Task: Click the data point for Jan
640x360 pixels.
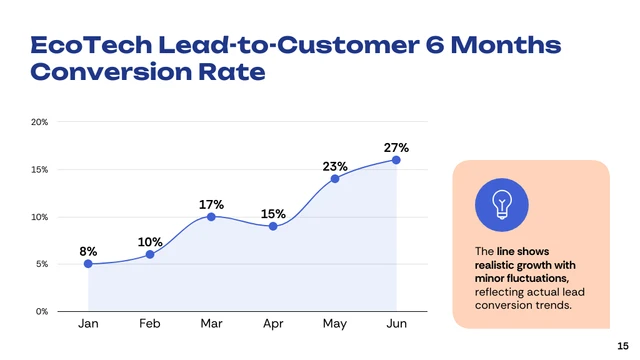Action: click(88, 264)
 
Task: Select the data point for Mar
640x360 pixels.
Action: click(211, 216)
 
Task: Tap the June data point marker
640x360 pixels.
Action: click(396, 160)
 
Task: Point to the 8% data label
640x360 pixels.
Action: click(88, 251)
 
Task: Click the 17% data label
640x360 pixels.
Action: click(211, 204)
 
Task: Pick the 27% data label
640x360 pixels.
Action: click(396, 147)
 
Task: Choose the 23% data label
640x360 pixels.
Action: click(335, 166)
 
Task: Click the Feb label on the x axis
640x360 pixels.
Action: click(150, 324)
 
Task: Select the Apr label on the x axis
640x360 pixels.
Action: click(273, 324)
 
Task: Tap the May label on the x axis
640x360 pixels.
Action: click(335, 324)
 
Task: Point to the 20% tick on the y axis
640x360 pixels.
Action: click(39, 122)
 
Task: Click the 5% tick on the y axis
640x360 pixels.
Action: click(41, 264)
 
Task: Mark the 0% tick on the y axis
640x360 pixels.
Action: click(41, 311)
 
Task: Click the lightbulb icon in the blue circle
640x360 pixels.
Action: click(502, 204)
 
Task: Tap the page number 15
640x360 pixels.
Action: click(622, 344)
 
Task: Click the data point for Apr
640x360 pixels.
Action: click(273, 226)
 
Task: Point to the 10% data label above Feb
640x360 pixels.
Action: click(150, 242)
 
